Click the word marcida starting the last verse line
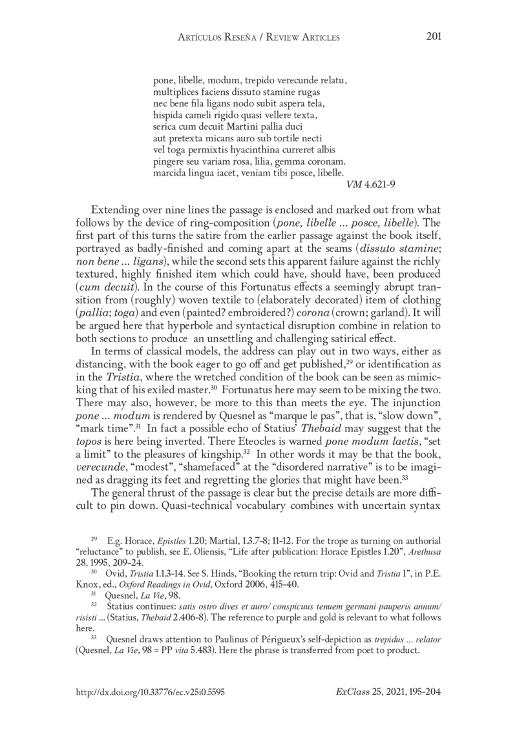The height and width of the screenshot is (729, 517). pos(169,174)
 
